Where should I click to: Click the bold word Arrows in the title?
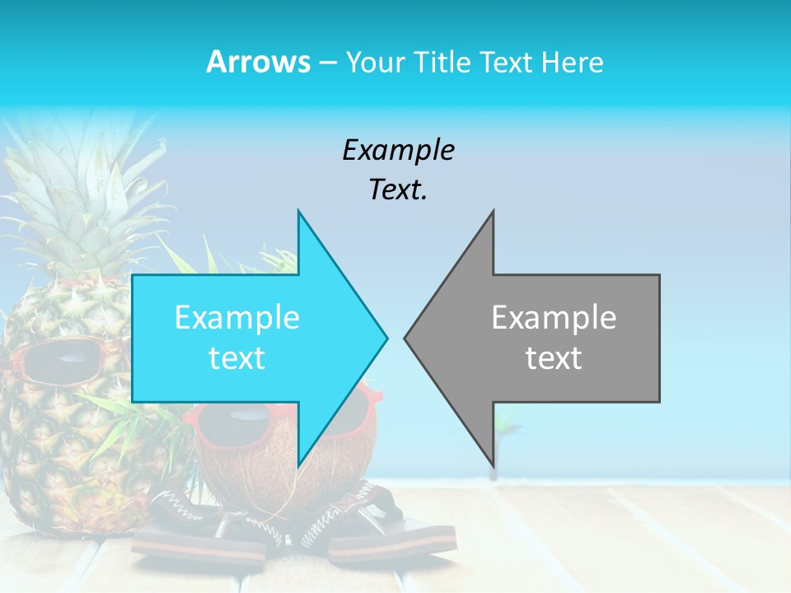point(259,62)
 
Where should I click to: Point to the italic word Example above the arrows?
point(398,150)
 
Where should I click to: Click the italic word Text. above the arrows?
point(398,190)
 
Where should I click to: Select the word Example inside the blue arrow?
point(237,317)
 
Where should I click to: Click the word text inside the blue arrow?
point(237,358)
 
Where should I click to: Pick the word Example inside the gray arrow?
point(554,317)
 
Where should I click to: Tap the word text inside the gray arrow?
point(554,358)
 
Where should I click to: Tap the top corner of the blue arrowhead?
point(298,212)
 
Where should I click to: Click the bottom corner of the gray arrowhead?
point(493,464)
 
